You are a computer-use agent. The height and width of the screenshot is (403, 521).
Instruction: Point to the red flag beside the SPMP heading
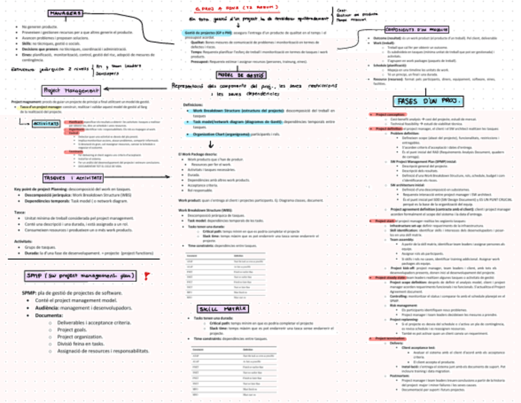tap(146, 277)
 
